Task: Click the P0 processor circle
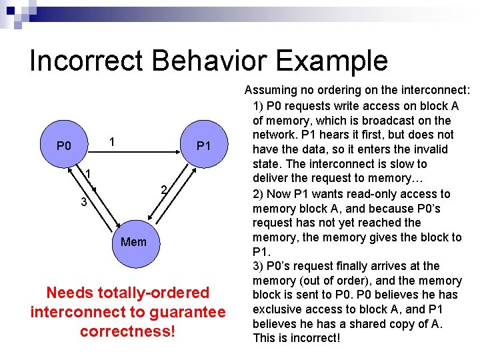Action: pos(63,145)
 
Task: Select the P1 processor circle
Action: pos(203,145)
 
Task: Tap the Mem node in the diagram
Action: pos(133,241)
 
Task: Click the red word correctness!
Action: pos(127,331)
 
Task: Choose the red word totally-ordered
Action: pos(146,293)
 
